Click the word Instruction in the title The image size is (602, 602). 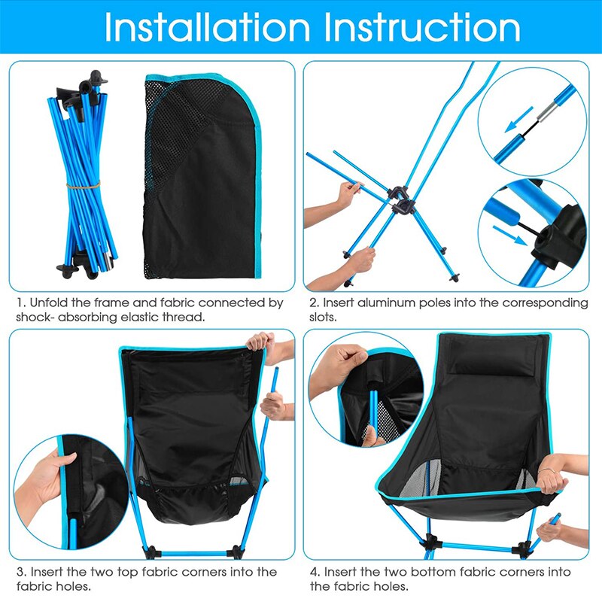coord(423,28)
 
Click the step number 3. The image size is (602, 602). coord(20,572)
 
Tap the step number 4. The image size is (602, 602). coord(314,572)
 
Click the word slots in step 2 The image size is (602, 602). coord(325,318)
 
